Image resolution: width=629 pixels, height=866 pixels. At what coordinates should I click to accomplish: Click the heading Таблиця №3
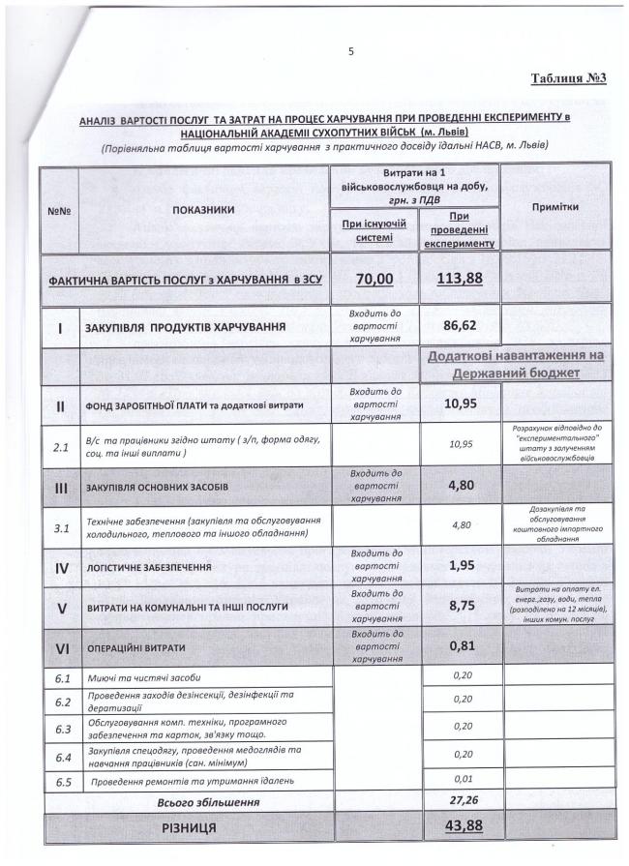(x=568, y=78)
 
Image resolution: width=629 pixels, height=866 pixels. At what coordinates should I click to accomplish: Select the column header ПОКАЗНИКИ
(x=203, y=209)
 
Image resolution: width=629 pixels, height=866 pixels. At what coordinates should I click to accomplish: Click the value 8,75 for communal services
(x=460, y=606)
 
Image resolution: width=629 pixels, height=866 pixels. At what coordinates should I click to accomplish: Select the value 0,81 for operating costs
(x=460, y=645)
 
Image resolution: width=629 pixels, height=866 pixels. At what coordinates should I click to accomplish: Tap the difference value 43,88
(x=460, y=827)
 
